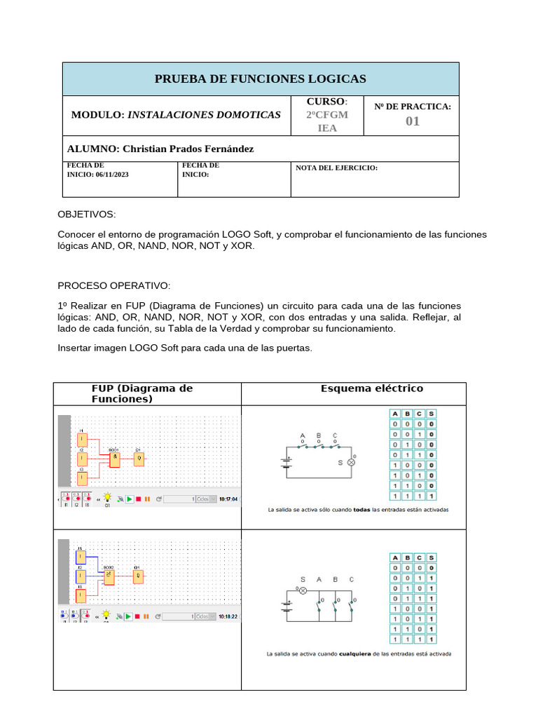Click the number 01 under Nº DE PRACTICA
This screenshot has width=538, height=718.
(413, 121)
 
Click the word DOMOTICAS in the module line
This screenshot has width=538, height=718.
(247, 114)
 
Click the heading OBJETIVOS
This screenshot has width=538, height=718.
(87, 214)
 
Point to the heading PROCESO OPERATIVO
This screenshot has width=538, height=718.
(113, 286)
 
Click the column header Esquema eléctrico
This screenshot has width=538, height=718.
(372, 388)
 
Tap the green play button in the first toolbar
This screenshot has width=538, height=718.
(129, 499)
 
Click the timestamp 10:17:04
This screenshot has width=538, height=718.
(228, 499)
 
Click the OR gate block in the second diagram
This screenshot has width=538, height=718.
(110, 576)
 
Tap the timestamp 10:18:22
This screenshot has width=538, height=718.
(228, 616)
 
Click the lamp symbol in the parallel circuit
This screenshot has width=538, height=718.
(303, 591)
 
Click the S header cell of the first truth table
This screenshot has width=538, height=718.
(431, 414)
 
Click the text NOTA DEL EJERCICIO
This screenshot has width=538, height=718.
(337, 168)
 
